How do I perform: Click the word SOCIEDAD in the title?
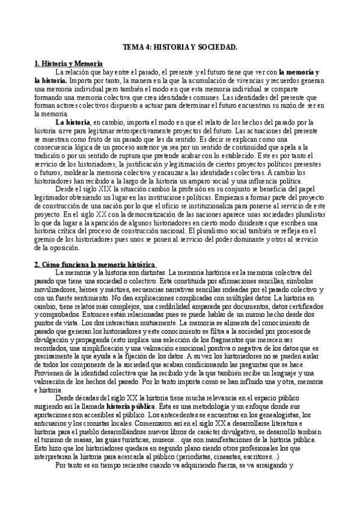216,46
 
